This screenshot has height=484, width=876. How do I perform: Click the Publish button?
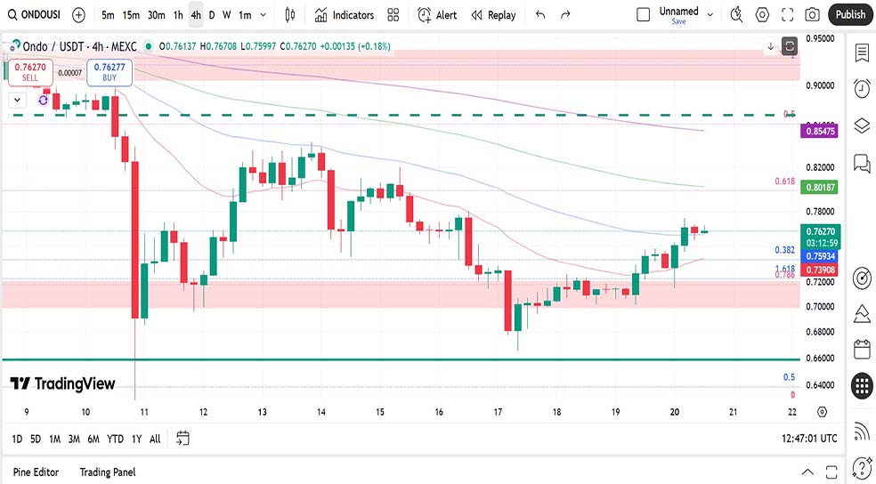click(x=850, y=14)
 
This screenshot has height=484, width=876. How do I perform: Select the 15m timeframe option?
click(x=131, y=15)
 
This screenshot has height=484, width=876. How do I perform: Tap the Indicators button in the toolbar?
click(x=345, y=15)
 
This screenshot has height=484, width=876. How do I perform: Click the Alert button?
click(x=437, y=15)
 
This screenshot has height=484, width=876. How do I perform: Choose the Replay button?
click(x=493, y=15)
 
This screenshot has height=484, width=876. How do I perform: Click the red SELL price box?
click(x=29, y=71)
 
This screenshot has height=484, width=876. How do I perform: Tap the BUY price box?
click(x=109, y=71)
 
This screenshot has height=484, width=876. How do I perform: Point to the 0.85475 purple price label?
click(x=820, y=131)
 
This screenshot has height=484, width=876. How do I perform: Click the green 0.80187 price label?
click(x=820, y=188)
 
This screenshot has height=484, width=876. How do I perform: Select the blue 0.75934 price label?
click(x=820, y=256)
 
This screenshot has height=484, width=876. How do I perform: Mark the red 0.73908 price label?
click(x=820, y=270)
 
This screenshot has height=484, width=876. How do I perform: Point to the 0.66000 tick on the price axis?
click(x=819, y=359)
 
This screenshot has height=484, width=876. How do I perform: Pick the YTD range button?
click(x=115, y=439)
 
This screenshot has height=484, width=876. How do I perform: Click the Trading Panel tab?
click(x=107, y=472)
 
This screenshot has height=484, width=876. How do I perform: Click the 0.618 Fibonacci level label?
click(x=784, y=181)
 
